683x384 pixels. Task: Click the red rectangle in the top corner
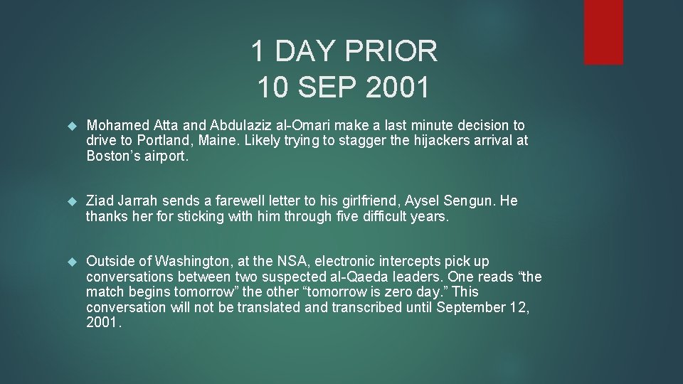[603, 32]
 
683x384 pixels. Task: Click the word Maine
[218, 141]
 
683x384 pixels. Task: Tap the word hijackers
[420, 141]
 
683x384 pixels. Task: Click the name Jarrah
[142, 201]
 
